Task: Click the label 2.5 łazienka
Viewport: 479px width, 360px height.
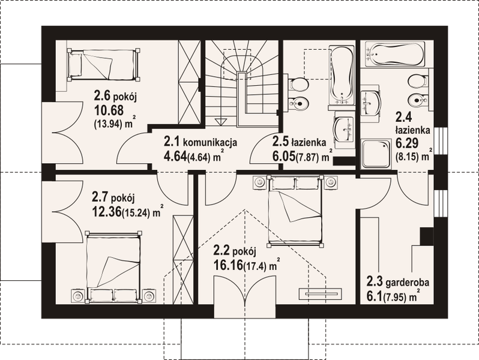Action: (x=298, y=143)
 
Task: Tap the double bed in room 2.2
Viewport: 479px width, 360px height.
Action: (x=295, y=210)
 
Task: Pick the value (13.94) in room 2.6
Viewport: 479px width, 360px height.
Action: (x=109, y=125)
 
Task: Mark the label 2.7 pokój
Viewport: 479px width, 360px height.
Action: (x=115, y=196)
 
